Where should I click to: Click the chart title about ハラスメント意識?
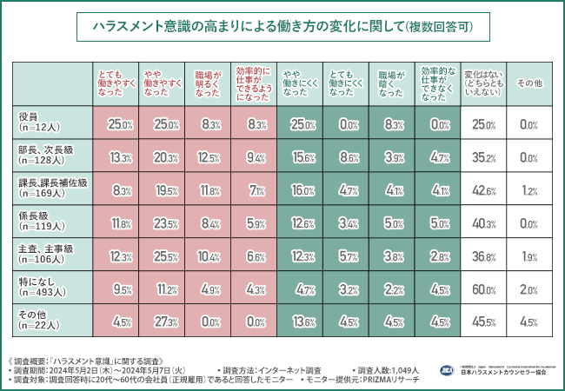(x=282, y=28)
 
